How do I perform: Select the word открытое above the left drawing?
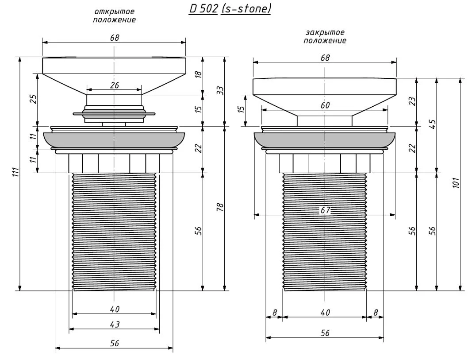point(115,11)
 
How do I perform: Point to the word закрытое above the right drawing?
point(325,32)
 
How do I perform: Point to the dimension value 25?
point(32,99)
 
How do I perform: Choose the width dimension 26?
point(114,85)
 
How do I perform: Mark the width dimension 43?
point(115,324)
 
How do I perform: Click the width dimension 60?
point(325,105)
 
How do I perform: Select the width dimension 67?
point(325,210)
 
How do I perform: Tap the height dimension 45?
point(433,124)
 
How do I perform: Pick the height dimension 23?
point(412,101)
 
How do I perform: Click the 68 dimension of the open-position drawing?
point(114,38)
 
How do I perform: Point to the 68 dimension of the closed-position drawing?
point(325,58)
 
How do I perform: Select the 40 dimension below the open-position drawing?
point(115,309)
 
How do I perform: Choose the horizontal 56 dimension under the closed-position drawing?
point(325,333)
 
